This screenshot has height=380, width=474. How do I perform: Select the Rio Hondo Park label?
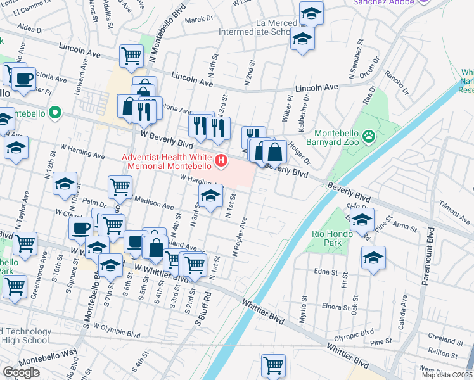[327, 238]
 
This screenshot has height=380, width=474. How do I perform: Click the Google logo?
[22, 372]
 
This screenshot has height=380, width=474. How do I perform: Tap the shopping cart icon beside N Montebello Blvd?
[131, 55]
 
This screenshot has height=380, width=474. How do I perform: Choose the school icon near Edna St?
[373, 258]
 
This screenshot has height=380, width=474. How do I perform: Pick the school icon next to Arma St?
[362, 221]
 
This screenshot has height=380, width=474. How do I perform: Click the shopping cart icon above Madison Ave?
[120, 187]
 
